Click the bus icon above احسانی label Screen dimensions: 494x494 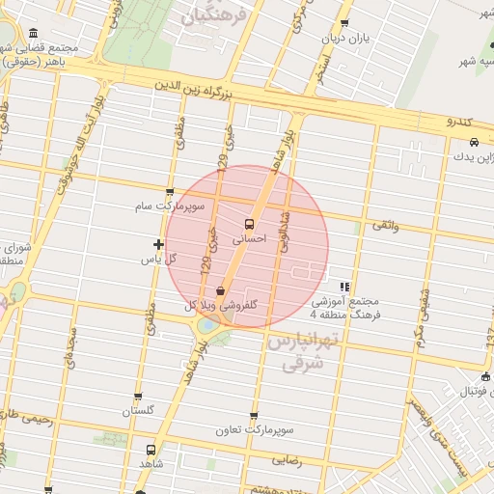[x=250, y=225]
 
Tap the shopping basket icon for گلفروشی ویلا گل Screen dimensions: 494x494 [x=221, y=289]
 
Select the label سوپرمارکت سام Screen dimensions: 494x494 [x=171, y=206]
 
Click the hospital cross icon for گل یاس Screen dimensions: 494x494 [x=159, y=245]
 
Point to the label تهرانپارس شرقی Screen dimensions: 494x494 [x=300, y=353]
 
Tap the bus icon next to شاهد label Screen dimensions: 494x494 [x=151, y=450]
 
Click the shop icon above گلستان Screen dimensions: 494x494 [x=138, y=397]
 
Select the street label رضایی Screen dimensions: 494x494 [x=288, y=461]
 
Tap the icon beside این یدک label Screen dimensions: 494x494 [x=460, y=142]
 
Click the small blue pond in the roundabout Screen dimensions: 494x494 [x=206, y=325]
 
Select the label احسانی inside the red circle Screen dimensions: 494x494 [x=250, y=239]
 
